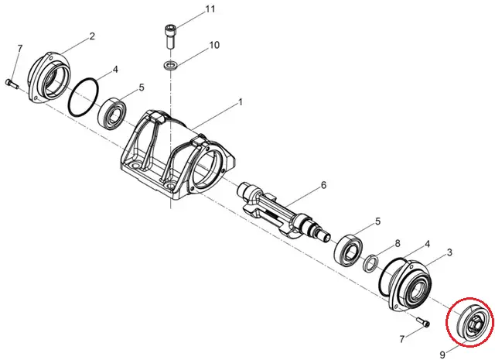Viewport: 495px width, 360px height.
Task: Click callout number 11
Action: click(210, 10)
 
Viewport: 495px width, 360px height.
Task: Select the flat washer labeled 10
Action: click(170, 62)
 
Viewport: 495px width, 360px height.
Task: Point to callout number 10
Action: click(213, 46)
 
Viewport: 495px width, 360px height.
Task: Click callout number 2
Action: click(93, 36)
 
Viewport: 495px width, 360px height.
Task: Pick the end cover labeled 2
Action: click(48, 77)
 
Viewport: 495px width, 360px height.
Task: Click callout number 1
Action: click(241, 102)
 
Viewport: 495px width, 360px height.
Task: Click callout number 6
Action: click(324, 185)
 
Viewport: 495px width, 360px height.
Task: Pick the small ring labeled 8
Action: click(371, 263)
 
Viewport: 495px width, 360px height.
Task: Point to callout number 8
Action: click(397, 243)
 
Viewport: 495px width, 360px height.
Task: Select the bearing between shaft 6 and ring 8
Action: click(350, 246)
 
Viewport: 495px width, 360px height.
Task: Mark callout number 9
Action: click(442, 354)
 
